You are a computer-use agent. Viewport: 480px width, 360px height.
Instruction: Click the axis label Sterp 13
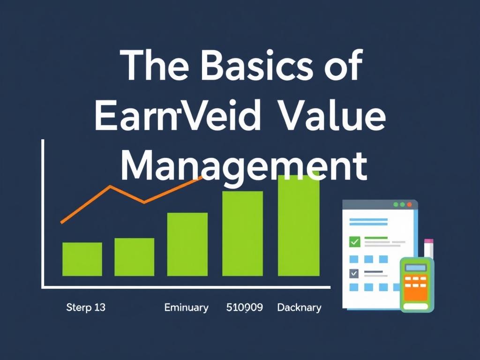tap(86, 308)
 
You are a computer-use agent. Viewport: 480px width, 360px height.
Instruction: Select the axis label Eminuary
tap(186, 308)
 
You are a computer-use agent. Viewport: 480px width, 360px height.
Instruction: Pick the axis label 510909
tap(244, 308)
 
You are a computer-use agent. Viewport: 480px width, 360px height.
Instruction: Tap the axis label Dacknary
tap(299, 308)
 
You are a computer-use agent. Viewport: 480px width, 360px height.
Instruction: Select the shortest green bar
tap(82, 259)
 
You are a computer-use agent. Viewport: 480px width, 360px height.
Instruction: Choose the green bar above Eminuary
tap(187, 244)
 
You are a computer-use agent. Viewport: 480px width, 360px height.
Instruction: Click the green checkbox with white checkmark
tap(354, 242)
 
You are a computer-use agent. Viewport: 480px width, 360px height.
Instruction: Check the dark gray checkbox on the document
tap(354, 273)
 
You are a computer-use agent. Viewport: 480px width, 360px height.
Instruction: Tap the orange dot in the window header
tap(409, 205)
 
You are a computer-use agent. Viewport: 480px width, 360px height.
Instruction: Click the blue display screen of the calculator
tap(416, 268)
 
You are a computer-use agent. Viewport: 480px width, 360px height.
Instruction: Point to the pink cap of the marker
tap(428, 242)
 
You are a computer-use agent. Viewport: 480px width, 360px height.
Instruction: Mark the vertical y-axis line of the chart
tap(43, 213)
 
